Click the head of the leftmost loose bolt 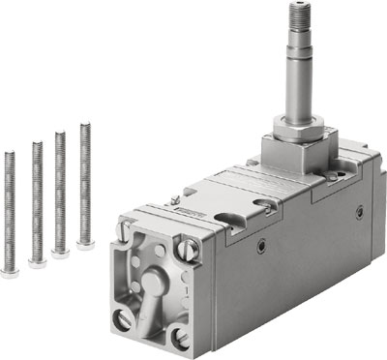coord(11,273)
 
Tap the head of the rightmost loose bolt coord(85,244)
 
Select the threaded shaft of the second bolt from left coord(37,198)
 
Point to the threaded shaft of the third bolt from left coord(61,189)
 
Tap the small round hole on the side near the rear coord(360,211)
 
